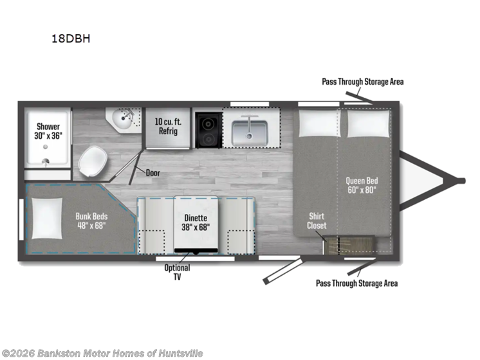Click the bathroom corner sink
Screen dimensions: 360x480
[x=123, y=119]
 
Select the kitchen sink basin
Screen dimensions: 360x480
[x=250, y=131]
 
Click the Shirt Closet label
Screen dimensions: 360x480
[x=316, y=221]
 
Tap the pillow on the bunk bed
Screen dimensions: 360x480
[x=46, y=218]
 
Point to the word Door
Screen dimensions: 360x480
[x=152, y=173]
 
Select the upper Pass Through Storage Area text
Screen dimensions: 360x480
[x=363, y=82]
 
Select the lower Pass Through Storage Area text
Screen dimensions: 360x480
[x=356, y=283]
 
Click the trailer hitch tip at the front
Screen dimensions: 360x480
[x=461, y=180]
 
